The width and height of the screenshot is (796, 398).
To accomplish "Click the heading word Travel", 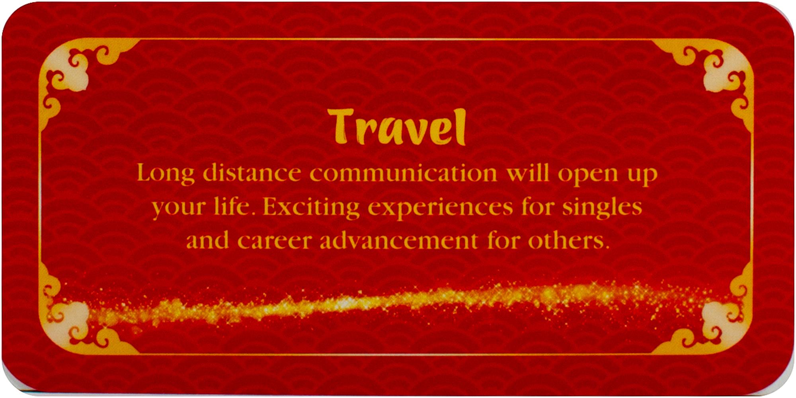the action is [x=397, y=127].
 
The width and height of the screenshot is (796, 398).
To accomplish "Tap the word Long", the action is [x=166, y=174].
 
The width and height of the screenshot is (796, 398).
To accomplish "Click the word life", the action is [x=232, y=206].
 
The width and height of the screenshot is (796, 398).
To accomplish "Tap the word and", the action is [x=208, y=240].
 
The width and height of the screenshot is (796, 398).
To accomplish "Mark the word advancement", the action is [x=399, y=240].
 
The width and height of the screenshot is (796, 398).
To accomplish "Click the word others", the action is [x=569, y=240].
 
